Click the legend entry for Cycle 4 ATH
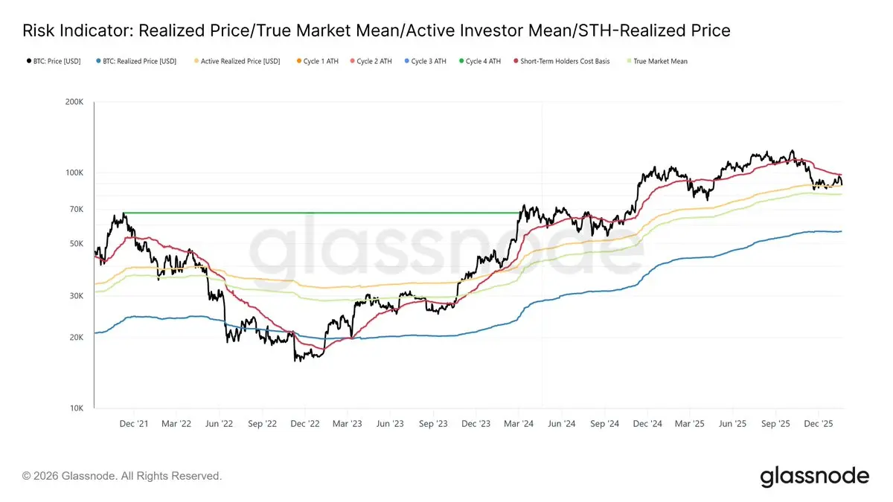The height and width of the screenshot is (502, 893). [483, 61]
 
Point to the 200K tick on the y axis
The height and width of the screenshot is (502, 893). [74, 102]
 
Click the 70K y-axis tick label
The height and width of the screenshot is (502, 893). [77, 210]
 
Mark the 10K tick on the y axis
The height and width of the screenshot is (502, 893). [77, 408]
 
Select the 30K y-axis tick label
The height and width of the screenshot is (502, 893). [77, 296]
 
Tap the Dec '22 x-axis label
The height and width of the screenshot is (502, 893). [304, 424]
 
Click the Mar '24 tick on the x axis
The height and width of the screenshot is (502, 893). [518, 424]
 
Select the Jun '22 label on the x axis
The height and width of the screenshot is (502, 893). [219, 424]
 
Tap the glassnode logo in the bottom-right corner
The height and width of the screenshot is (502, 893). [814, 476]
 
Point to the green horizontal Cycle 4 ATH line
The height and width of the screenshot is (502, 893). [320, 213]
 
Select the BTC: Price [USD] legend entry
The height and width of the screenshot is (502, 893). [56, 61]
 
